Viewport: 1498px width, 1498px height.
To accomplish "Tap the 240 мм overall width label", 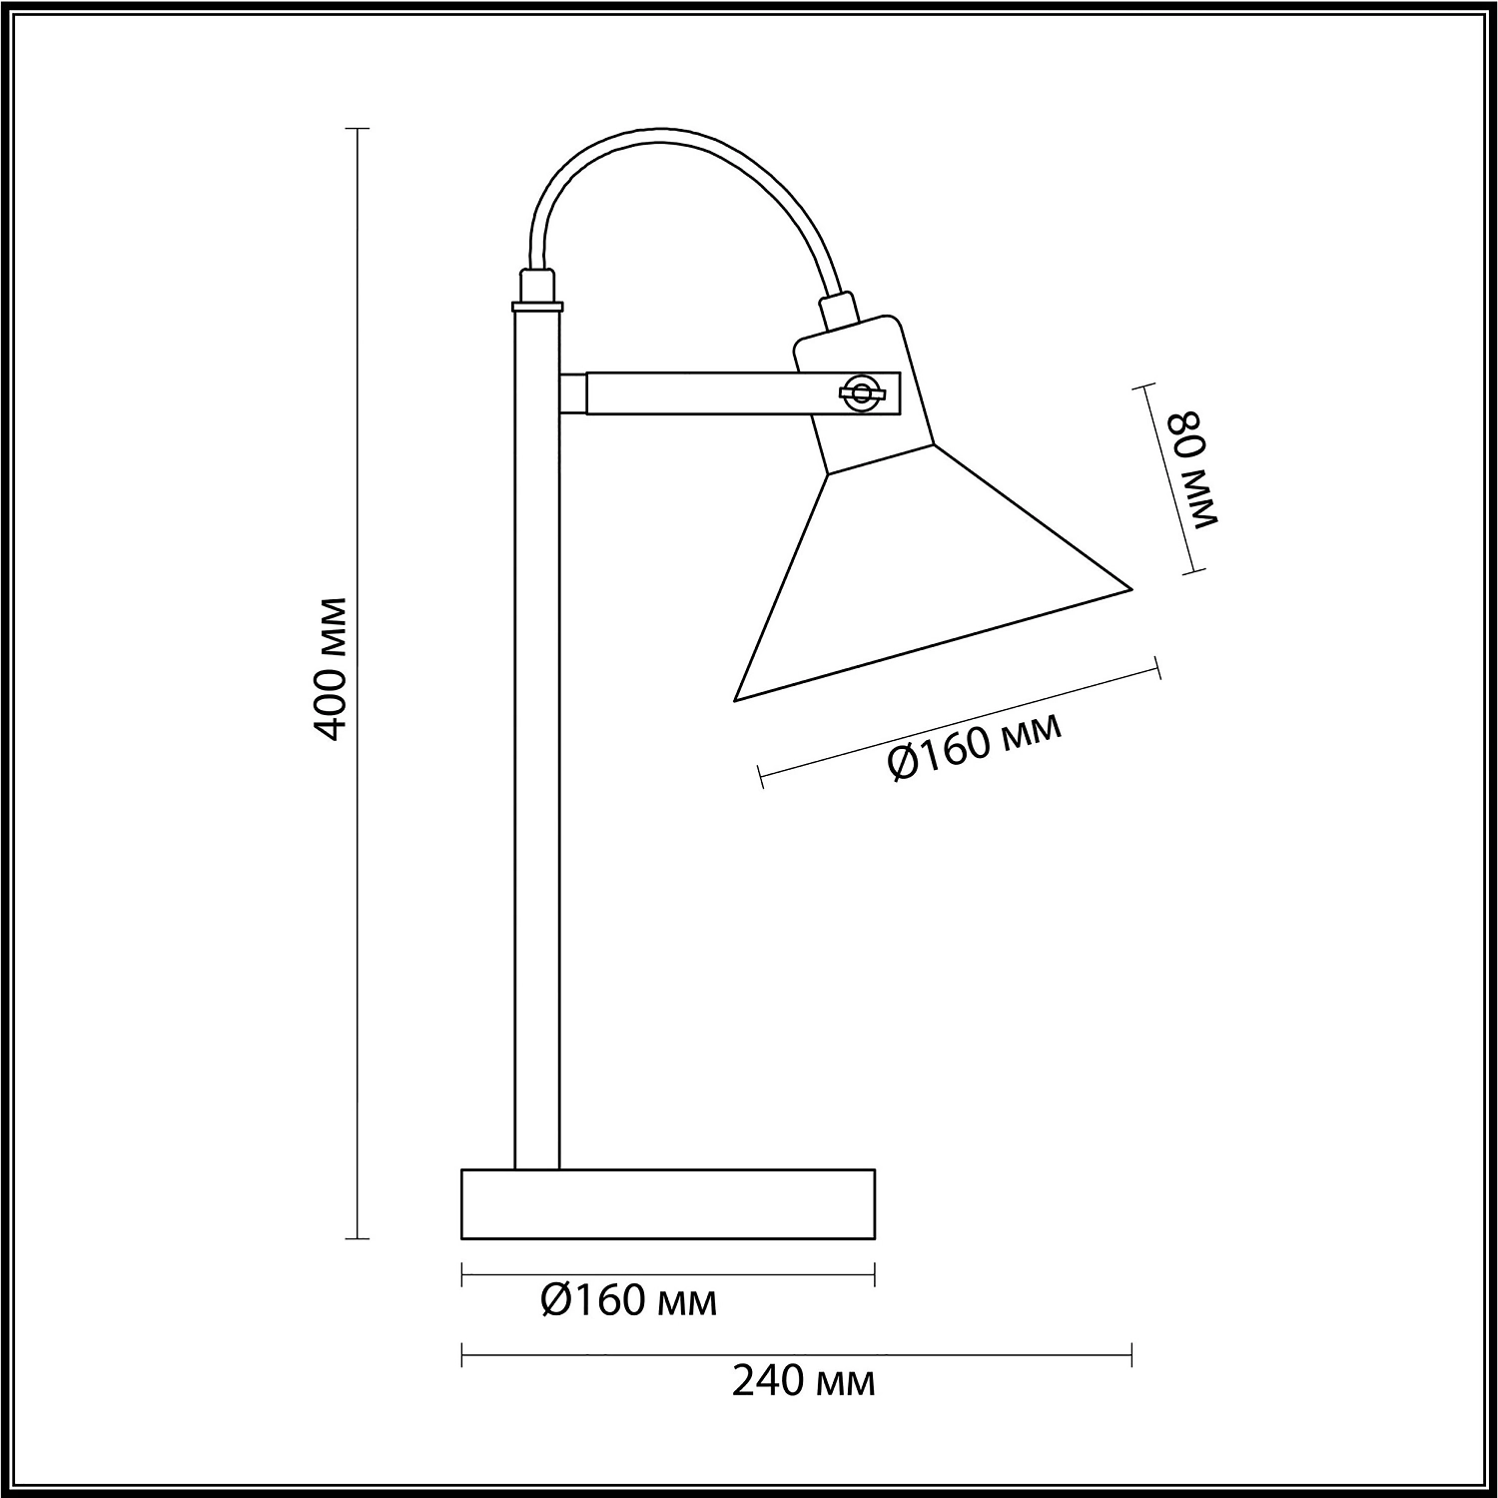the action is (x=804, y=1382).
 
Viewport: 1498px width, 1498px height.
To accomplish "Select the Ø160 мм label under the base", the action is (x=629, y=1301).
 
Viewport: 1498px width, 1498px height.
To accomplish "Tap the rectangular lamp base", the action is (x=668, y=1203).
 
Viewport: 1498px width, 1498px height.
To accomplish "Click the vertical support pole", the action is (x=537, y=739).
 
